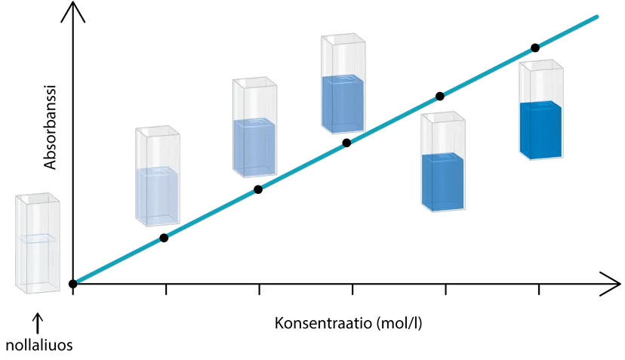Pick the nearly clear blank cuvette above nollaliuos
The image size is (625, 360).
click(x=37, y=242)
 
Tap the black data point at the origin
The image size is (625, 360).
click(x=72, y=284)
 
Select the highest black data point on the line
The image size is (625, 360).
click(x=534, y=48)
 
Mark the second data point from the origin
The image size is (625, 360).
click(x=164, y=238)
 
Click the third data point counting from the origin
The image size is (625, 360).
click(x=257, y=190)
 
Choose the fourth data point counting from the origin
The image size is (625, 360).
click(x=346, y=142)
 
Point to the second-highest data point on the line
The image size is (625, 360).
click(x=439, y=96)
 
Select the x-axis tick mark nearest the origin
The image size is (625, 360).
click(x=166, y=290)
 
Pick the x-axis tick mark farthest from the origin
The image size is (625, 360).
click(x=538, y=290)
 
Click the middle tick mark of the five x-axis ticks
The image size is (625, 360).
click(x=353, y=290)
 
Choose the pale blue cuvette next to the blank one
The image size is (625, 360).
click(x=158, y=177)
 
